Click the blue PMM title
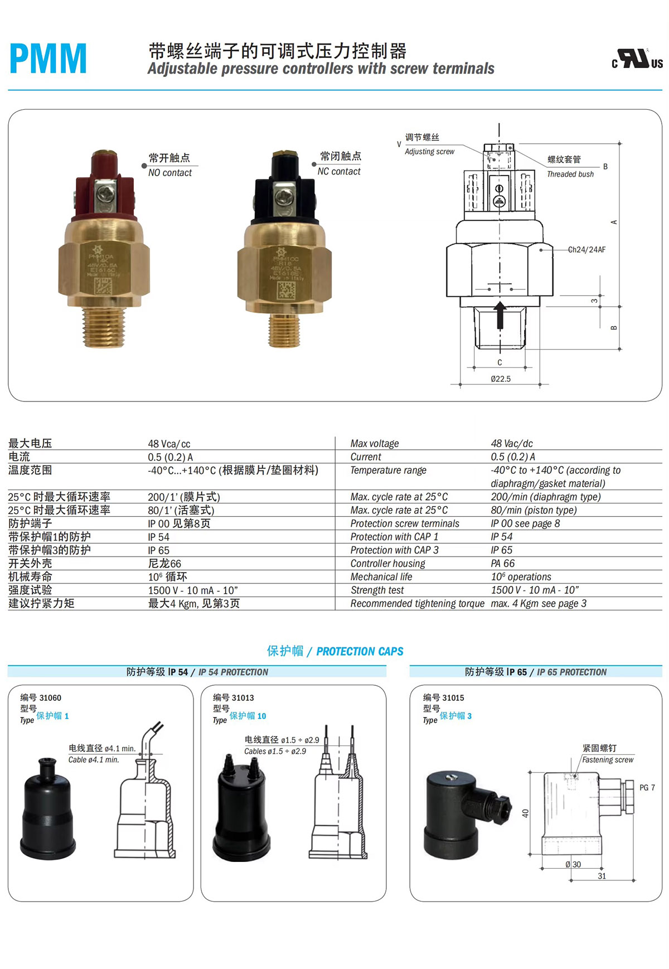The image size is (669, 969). (48, 59)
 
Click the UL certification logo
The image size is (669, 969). (637, 60)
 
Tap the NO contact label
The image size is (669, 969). (169, 173)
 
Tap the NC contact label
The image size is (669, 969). (339, 172)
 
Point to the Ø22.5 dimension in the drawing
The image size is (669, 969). (501, 379)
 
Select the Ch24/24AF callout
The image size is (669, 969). (586, 250)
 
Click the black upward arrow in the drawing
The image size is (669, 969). (500, 315)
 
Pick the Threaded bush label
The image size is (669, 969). (570, 175)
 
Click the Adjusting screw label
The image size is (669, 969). (429, 152)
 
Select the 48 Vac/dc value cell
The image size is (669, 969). (511, 444)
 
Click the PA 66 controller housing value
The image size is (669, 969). (502, 564)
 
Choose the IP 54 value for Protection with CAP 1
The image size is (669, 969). (501, 537)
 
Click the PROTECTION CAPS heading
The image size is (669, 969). (360, 651)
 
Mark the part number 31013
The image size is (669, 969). (243, 697)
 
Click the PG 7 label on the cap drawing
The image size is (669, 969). (647, 788)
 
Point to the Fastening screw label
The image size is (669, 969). (608, 760)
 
